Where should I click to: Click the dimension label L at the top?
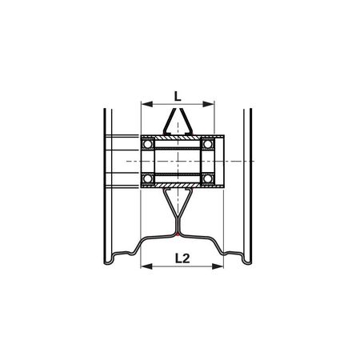(x=178, y=94)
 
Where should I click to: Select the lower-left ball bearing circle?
(x=147, y=178)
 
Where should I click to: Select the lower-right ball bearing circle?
(x=208, y=178)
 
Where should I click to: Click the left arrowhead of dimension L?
(x=144, y=104)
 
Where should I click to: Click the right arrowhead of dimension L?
(x=212, y=104)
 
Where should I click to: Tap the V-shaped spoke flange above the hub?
(x=178, y=124)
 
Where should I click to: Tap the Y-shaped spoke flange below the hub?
(x=178, y=210)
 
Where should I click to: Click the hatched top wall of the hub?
(x=178, y=138)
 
